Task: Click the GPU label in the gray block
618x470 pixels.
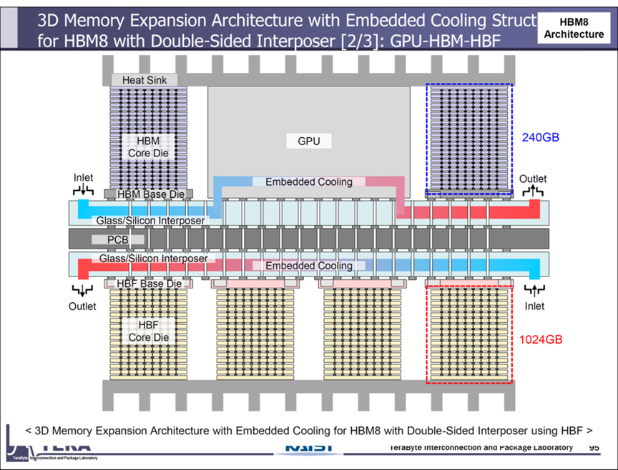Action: click(x=308, y=141)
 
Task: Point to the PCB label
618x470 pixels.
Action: click(x=118, y=240)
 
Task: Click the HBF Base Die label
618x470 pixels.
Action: click(x=149, y=284)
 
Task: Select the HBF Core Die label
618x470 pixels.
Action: click(x=148, y=331)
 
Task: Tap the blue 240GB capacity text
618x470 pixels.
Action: click(x=540, y=137)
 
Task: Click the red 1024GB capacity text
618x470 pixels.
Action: click(x=540, y=339)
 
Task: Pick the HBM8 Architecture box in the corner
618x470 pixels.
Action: click(x=574, y=28)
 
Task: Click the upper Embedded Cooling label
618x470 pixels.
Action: click(x=309, y=181)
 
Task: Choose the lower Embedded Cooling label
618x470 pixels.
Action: click(x=309, y=266)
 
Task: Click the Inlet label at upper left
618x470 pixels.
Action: click(x=83, y=177)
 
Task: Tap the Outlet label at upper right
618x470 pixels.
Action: click(x=533, y=179)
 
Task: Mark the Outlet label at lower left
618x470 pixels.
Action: click(x=82, y=306)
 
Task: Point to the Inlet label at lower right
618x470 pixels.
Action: click(x=534, y=306)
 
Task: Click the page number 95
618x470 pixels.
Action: click(x=594, y=448)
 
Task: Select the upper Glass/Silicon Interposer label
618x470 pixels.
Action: click(x=150, y=221)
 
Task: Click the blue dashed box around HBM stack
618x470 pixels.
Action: click(x=469, y=139)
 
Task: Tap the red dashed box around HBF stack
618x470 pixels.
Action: click(x=469, y=334)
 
